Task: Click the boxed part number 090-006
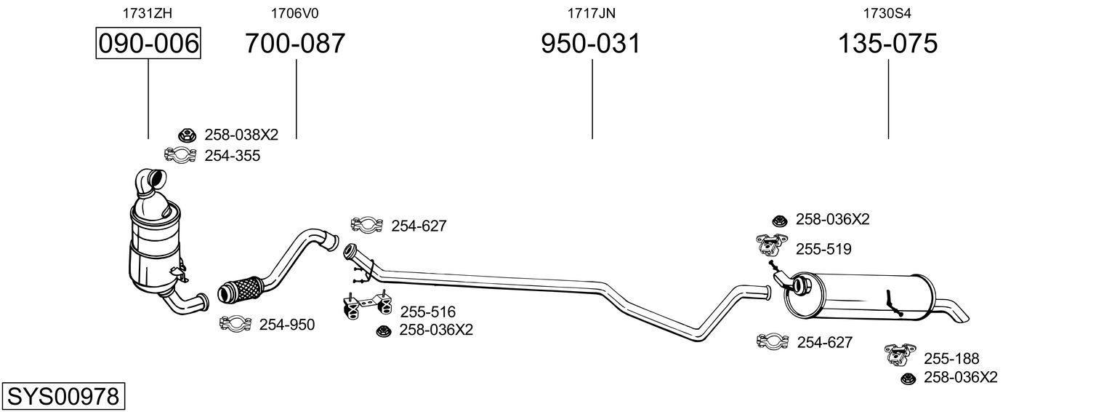(x=148, y=43)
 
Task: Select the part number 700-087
(x=295, y=43)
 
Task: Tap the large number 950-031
(x=591, y=43)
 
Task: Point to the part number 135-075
(x=887, y=43)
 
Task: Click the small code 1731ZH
(x=148, y=13)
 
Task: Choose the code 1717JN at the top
(x=591, y=13)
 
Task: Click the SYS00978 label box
(x=63, y=396)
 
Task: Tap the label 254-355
(x=233, y=156)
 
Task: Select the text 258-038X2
(x=241, y=135)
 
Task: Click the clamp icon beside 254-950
(x=235, y=323)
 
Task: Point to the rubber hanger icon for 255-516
(x=367, y=304)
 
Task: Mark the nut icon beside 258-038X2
(x=188, y=135)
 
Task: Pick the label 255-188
(x=951, y=358)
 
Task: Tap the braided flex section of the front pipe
(x=242, y=289)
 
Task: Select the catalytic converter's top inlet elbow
(x=150, y=183)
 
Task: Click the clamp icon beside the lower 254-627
(x=773, y=341)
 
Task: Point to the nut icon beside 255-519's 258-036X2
(x=780, y=221)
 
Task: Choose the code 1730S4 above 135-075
(x=887, y=13)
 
